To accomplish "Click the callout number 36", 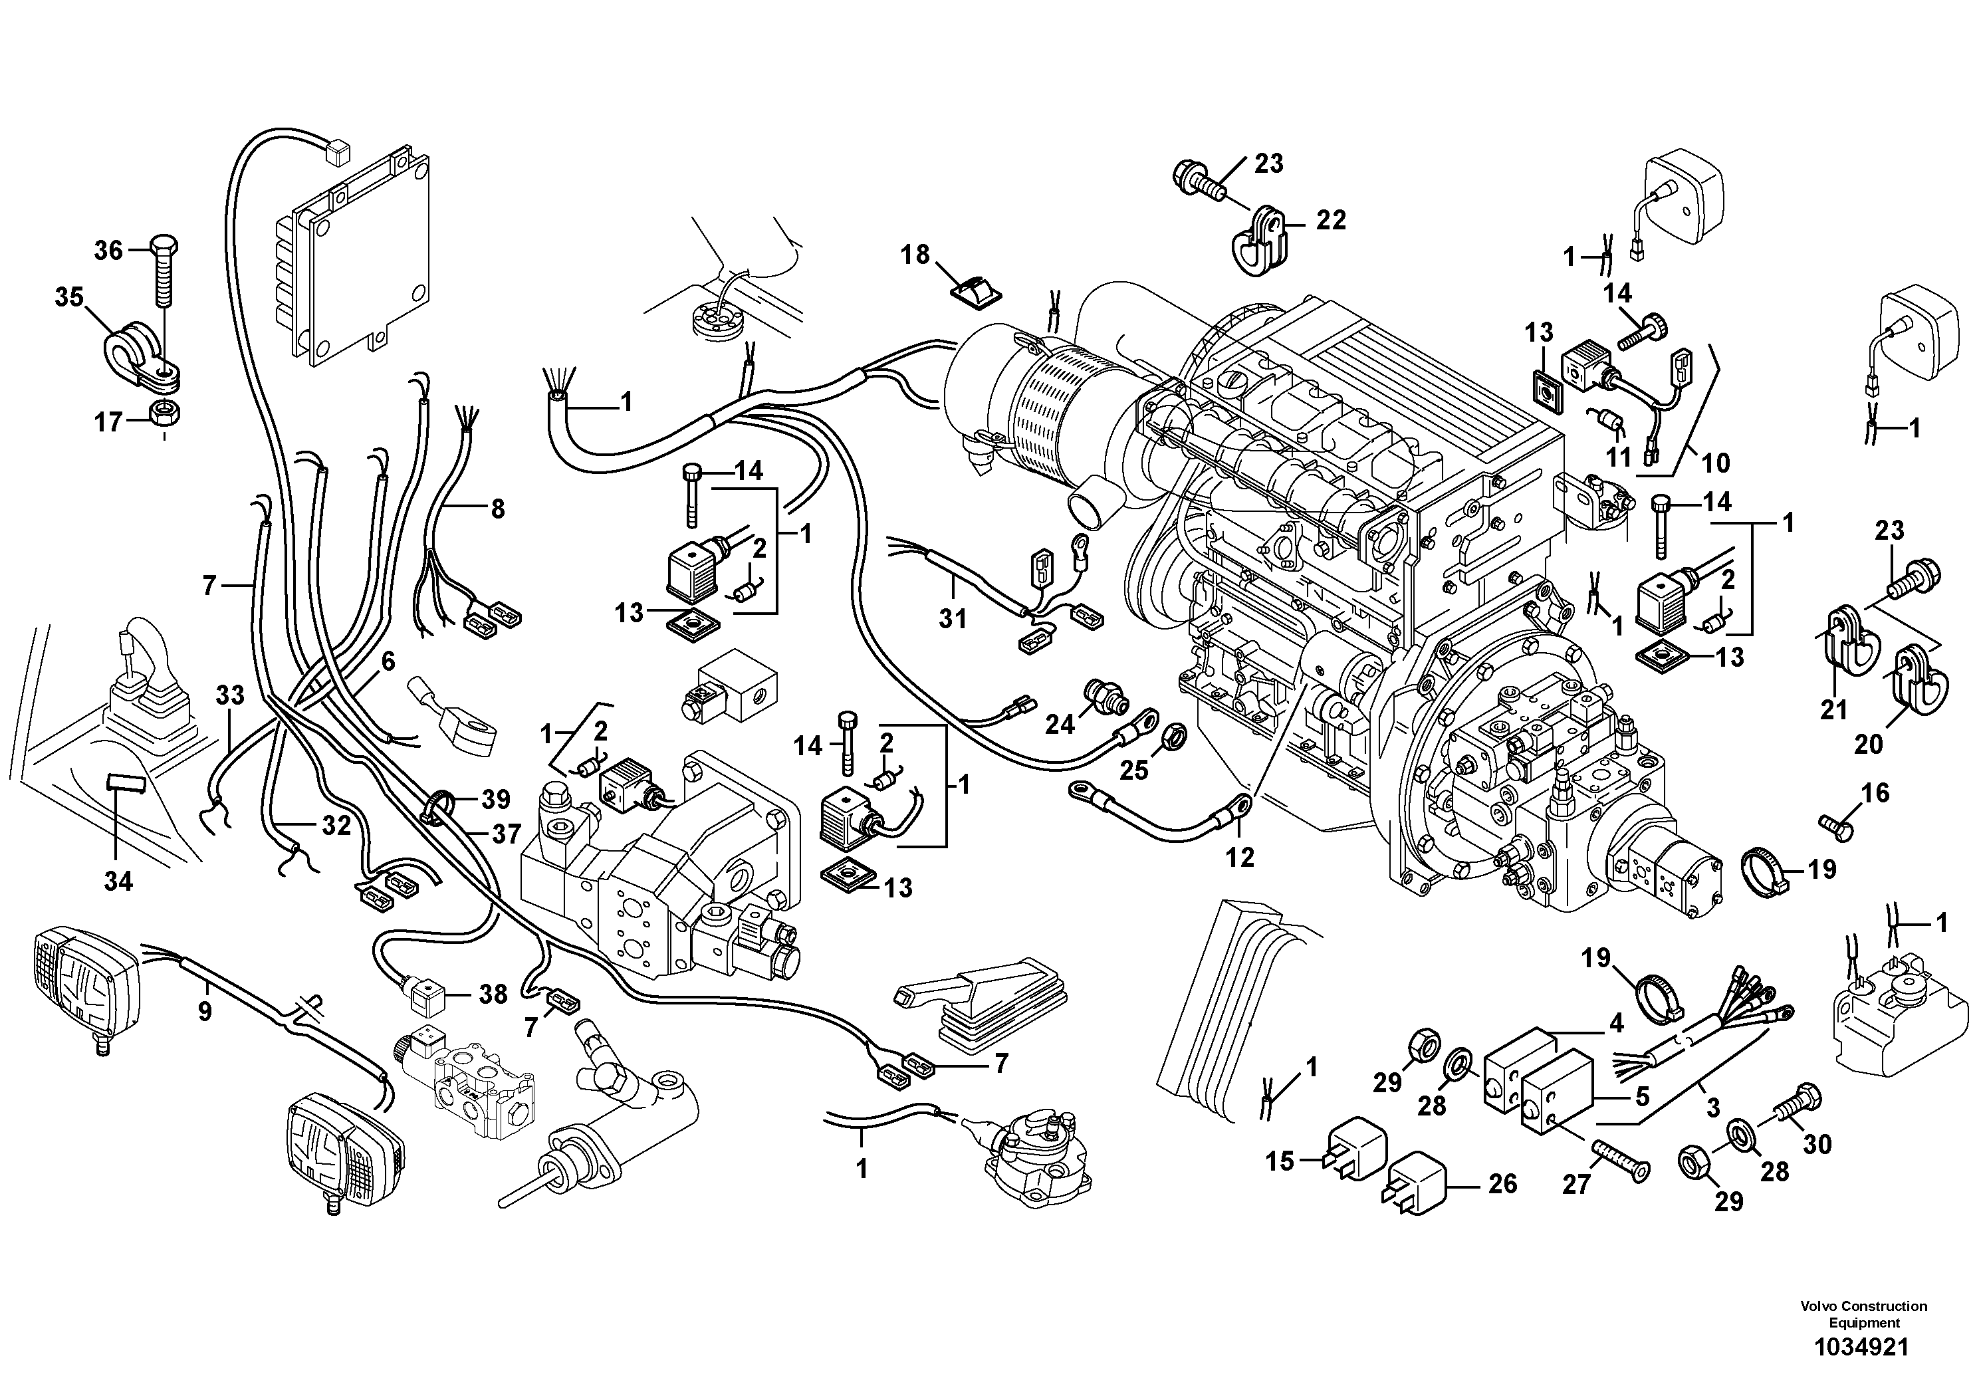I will [x=108, y=251].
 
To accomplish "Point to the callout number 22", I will [x=1331, y=221].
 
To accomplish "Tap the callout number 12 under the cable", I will [x=1240, y=857].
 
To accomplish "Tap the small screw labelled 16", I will [x=1836, y=826].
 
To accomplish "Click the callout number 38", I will [x=493, y=994].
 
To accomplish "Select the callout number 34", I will [x=118, y=881].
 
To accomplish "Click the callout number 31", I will [x=953, y=618].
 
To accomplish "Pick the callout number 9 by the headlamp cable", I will [x=204, y=1011].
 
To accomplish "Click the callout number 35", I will [x=69, y=297].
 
